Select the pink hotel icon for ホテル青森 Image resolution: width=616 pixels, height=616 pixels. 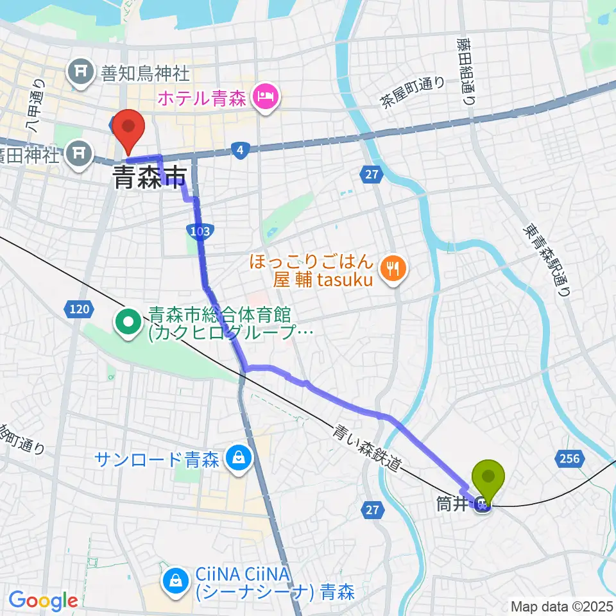[x=265, y=98]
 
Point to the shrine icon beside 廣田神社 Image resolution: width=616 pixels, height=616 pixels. [x=80, y=151]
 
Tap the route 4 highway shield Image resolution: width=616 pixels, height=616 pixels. [x=239, y=150]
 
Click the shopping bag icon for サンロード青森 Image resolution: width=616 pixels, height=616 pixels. [x=239, y=459]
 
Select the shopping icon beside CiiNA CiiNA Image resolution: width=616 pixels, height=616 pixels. [x=175, y=580]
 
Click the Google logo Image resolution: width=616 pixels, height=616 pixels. [x=43, y=601]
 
